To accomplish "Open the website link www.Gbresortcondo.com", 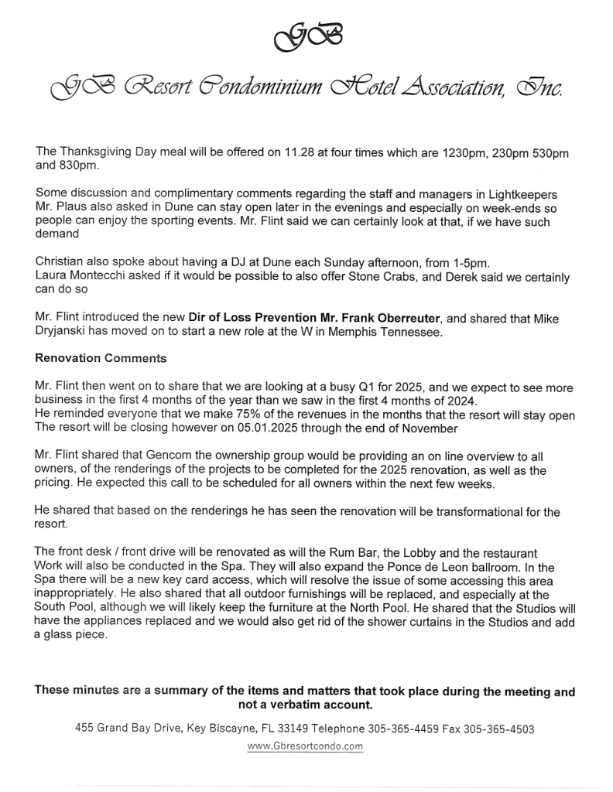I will [305, 746].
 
